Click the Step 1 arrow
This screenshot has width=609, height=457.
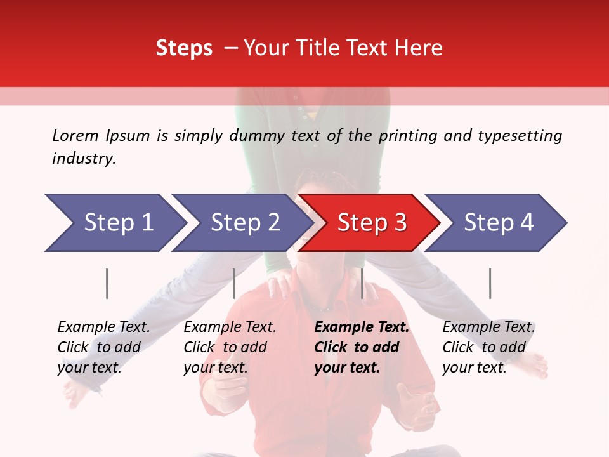(114, 223)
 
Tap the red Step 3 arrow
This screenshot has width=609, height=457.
(371, 223)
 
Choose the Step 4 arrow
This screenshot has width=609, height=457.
(498, 223)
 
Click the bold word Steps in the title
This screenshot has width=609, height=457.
(184, 48)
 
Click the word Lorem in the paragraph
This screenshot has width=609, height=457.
(75, 135)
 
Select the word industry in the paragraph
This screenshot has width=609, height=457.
(84, 159)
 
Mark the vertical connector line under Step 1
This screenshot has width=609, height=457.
(107, 283)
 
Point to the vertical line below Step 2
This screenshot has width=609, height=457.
(234, 283)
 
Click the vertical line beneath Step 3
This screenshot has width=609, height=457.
(362, 283)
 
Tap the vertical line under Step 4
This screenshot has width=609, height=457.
(490, 283)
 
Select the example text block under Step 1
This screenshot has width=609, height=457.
(103, 347)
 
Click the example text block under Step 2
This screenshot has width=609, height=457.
(230, 347)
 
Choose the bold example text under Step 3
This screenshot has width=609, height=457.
(362, 347)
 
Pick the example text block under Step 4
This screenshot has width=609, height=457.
(488, 347)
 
